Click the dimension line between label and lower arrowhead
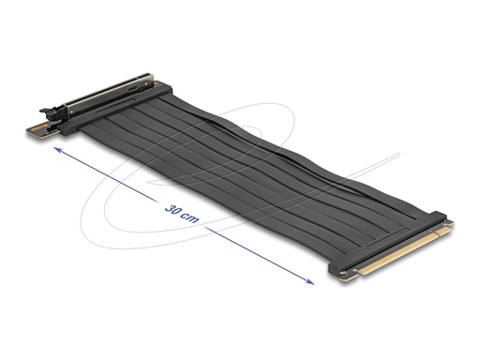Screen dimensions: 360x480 coord(253,249)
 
